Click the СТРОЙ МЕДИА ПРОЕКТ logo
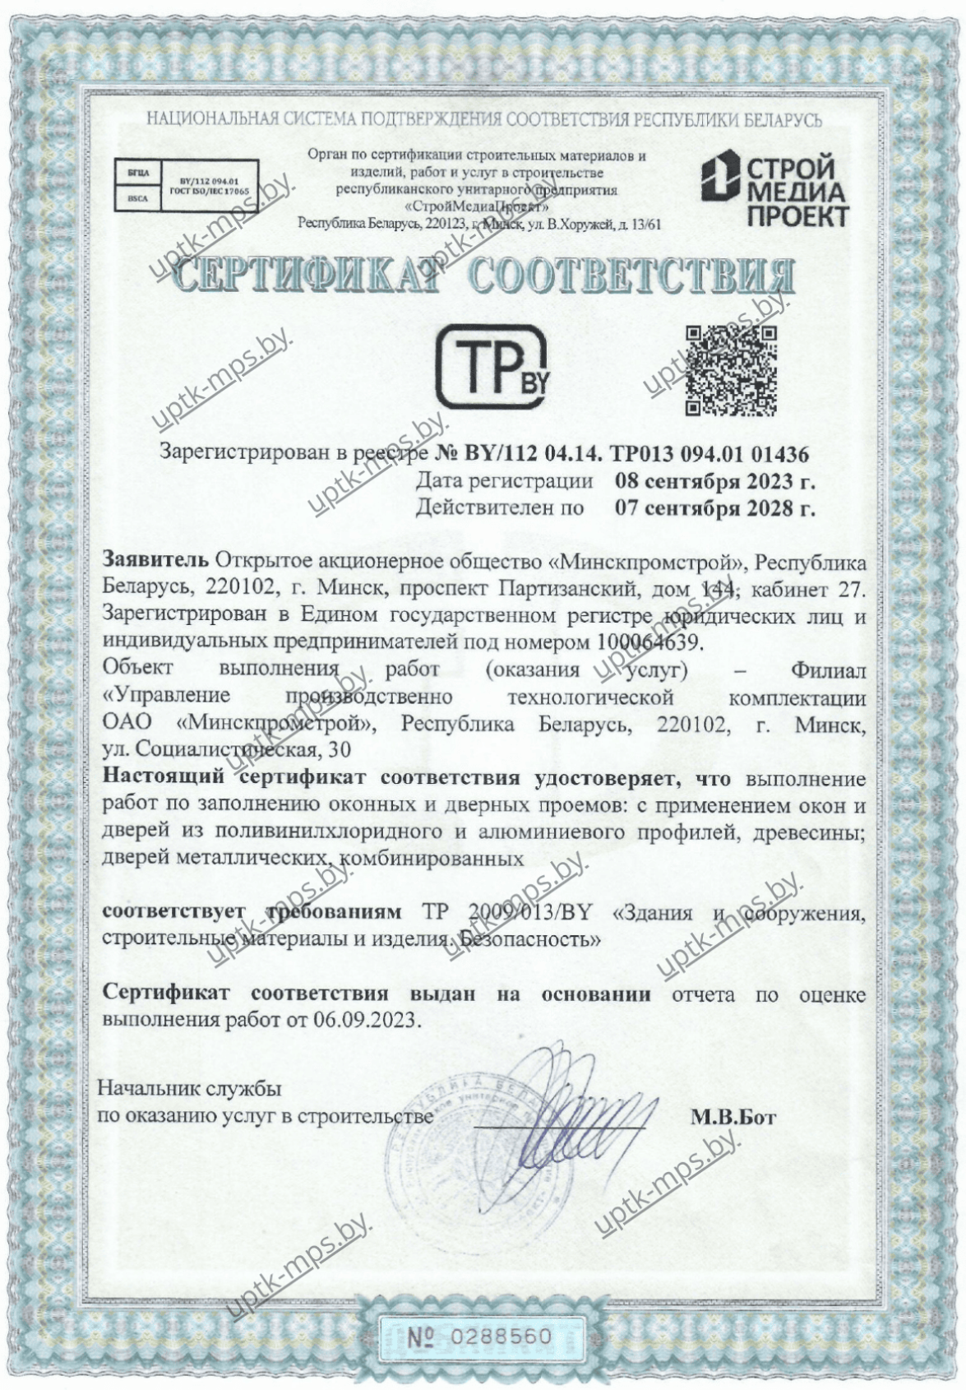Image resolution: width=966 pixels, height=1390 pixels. (x=774, y=191)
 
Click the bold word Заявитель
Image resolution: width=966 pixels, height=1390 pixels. (x=155, y=563)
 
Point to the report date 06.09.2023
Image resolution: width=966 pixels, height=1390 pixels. (x=366, y=1021)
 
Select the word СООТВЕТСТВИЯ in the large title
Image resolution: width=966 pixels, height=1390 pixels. (x=631, y=279)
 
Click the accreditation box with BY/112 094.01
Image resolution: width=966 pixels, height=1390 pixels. (x=187, y=187)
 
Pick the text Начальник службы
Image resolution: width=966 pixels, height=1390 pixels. (x=190, y=1089)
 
